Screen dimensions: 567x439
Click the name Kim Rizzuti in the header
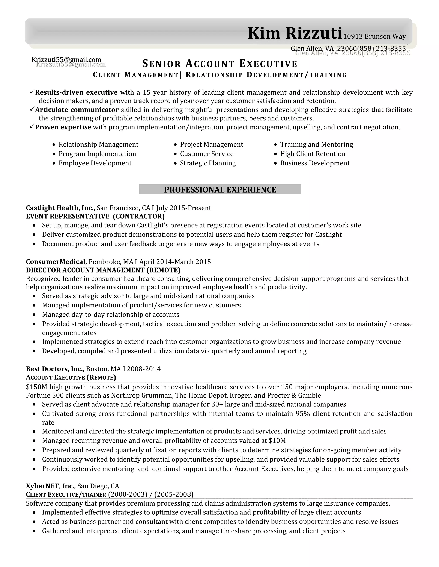[295, 34]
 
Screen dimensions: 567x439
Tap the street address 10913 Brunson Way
[374, 37]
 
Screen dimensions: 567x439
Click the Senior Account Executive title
[220, 64]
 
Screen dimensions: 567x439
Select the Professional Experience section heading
[220, 190]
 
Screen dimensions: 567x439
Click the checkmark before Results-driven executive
[32, 92]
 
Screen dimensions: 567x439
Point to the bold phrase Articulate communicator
[77, 110]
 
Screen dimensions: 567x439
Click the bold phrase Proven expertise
[63, 127]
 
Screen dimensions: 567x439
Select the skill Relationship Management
[98, 144]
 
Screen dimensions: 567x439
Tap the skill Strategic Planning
[208, 163]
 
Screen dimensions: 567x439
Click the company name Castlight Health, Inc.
[60, 208]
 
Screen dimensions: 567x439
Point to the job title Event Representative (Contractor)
[95, 216]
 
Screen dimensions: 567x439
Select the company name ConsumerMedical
[56, 262]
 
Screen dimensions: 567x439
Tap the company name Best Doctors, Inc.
[55, 369]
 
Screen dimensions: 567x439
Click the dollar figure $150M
[36, 387]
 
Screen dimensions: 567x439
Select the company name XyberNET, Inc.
[51, 486]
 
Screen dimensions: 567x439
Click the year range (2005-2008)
[174, 494]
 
